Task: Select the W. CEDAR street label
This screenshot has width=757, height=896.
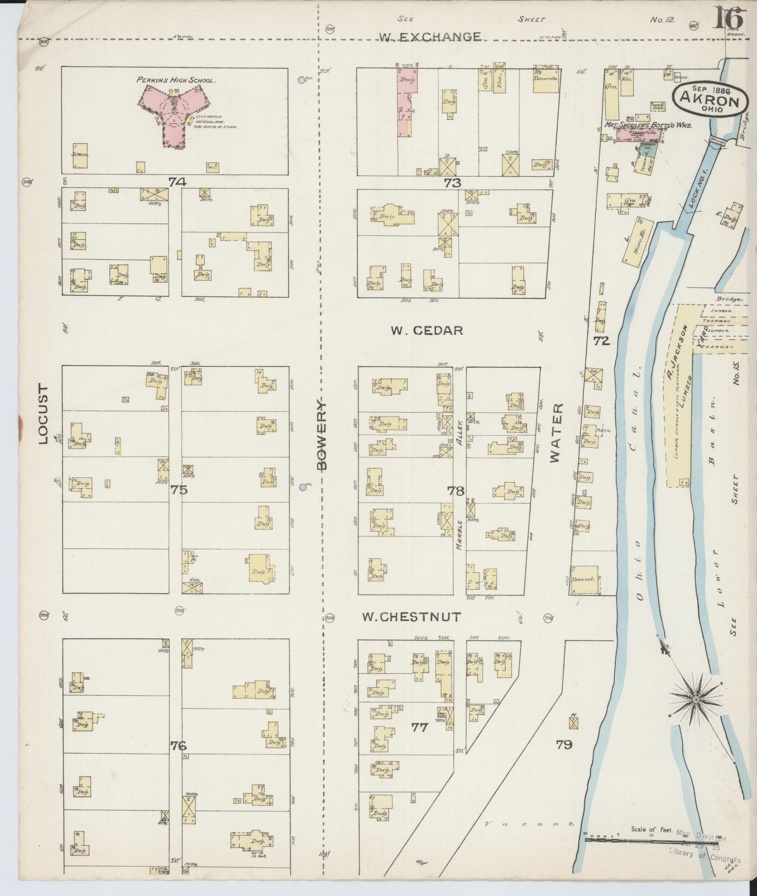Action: (426, 330)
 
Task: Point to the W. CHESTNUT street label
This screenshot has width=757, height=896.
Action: (411, 617)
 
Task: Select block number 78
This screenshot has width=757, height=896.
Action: (455, 490)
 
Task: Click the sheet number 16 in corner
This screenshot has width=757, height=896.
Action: (729, 19)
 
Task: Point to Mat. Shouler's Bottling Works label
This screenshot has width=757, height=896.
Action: (648, 125)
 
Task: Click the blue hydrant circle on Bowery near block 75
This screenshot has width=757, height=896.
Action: (303, 487)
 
